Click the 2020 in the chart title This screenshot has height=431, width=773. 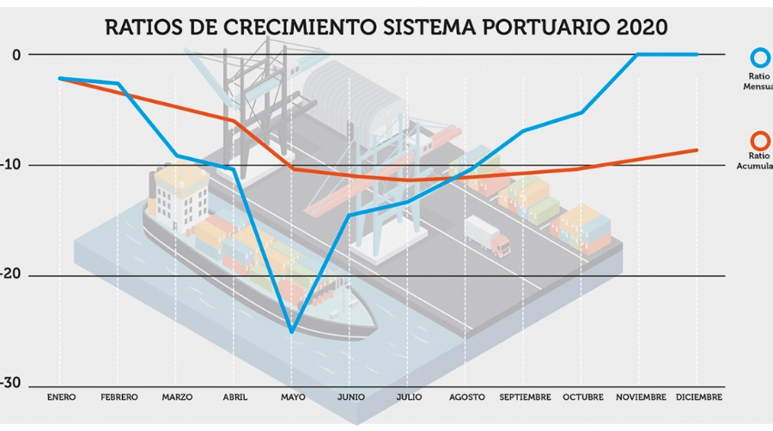click(x=642, y=27)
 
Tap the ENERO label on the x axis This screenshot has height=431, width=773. click(x=61, y=398)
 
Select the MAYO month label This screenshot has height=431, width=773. click(x=292, y=398)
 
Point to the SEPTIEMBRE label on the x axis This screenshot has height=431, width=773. click(x=524, y=398)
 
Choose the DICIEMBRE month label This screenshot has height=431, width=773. click(x=697, y=398)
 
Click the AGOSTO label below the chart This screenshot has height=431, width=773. click(x=466, y=398)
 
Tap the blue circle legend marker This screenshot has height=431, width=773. click(x=760, y=58)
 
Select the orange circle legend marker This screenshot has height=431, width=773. click(x=760, y=140)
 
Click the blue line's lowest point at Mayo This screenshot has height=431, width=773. click(x=292, y=331)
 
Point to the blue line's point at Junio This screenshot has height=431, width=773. click(x=350, y=215)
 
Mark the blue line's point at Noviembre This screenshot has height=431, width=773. click(x=639, y=55)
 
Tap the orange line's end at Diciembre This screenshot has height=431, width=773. click(x=697, y=150)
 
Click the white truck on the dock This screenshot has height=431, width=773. click(x=486, y=235)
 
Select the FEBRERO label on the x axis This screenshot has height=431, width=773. click(x=119, y=398)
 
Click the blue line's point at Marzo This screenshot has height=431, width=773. click(x=176, y=155)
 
